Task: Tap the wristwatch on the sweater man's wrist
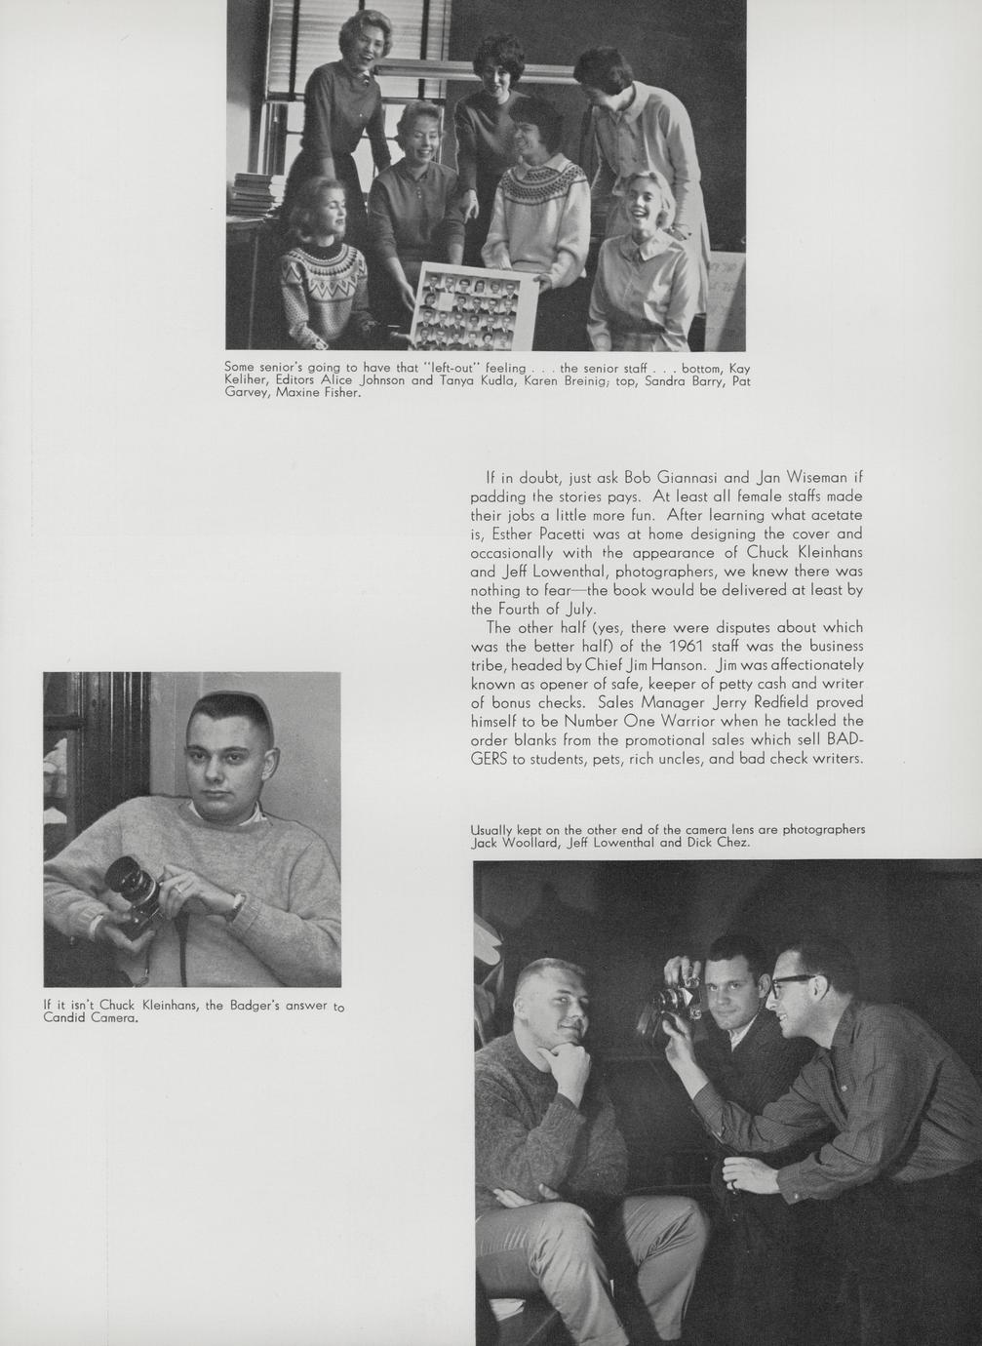point(235,906)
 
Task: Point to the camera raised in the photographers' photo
point(673,1000)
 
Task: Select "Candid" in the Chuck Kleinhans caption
point(67,1018)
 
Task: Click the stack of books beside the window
point(252,194)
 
